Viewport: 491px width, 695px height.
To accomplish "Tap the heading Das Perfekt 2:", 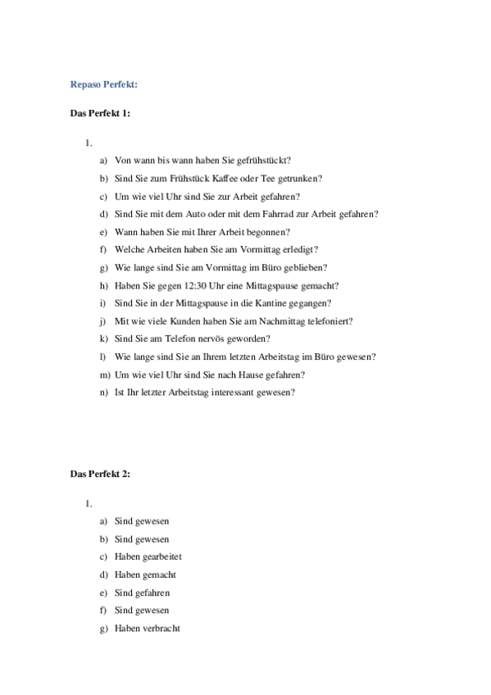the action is tap(100, 474).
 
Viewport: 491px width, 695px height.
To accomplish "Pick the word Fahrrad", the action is tap(292, 214).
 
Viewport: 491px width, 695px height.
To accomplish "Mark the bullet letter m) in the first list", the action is tap(103, 375).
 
